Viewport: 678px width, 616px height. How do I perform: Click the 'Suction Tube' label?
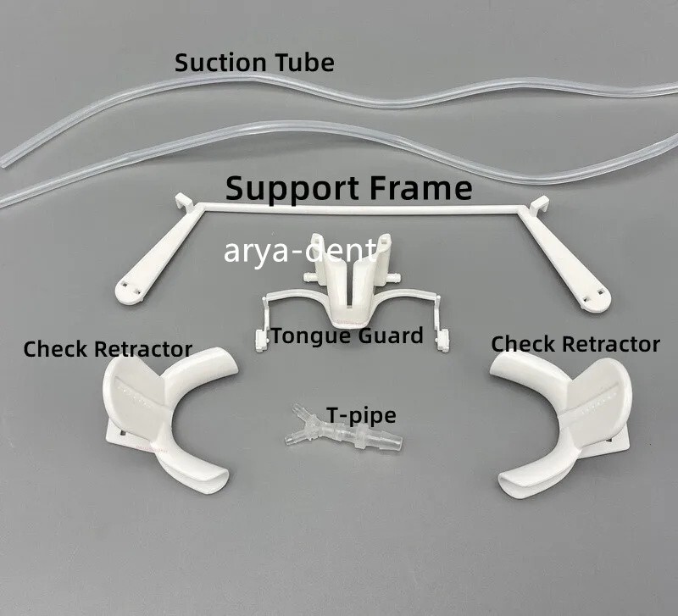[254, 63]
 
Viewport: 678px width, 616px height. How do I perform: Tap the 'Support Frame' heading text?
[349, 188]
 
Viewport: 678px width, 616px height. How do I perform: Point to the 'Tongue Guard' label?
[347, 336]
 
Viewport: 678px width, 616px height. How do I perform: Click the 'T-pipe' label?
[361, 415]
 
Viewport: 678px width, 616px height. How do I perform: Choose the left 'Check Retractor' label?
[108, 349]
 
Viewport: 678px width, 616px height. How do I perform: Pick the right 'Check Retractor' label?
[575, 344]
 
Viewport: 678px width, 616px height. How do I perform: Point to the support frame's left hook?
[185, 203]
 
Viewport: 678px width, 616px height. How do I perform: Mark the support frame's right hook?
[540, 204]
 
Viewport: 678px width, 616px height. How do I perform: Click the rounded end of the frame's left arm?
[129, 291]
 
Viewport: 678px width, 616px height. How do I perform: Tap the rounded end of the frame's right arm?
[596, 297]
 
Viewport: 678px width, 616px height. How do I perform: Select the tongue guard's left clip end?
[260, 341]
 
